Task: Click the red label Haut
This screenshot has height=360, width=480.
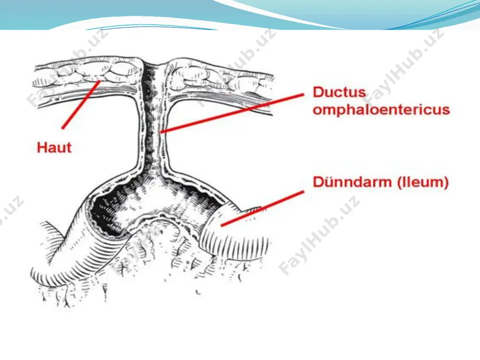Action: coord(54,147)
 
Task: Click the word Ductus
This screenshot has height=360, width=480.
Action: coord(339,92)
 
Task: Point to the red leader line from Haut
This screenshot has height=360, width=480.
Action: coord(81,104)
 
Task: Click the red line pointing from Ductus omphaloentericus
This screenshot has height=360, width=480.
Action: coord(232,114)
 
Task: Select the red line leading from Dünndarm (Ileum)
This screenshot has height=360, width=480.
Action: coord(263,209)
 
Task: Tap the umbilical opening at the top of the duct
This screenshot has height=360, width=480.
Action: coord(155,63)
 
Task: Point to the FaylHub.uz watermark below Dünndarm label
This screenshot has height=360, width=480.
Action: coord(319,235)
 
